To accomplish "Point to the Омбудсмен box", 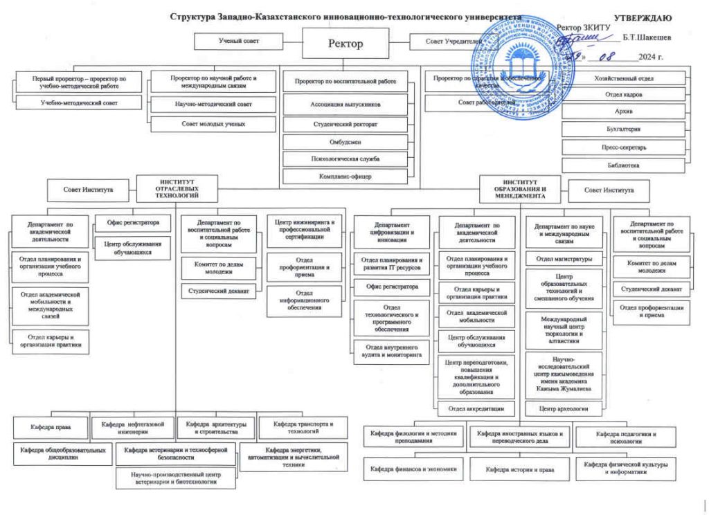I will pos(345,141).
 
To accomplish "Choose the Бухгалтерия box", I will pos(623,129).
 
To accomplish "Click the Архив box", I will pos(623,111).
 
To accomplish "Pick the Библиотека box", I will pos(623,165).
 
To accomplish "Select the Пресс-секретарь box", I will pos(623,147).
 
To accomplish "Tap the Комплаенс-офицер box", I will pos(345,177).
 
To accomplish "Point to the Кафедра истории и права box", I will pos(519,469).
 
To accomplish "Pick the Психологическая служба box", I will pos(345,159).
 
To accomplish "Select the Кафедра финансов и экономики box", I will pos(414,469).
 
